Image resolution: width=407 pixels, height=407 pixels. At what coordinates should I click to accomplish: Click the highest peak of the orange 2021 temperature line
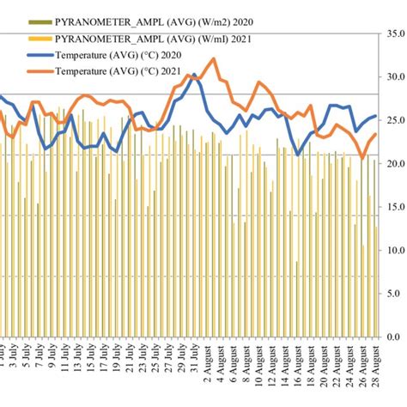coord(213,59)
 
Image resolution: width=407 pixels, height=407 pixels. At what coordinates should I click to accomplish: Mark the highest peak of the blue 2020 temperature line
coord(195,76)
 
